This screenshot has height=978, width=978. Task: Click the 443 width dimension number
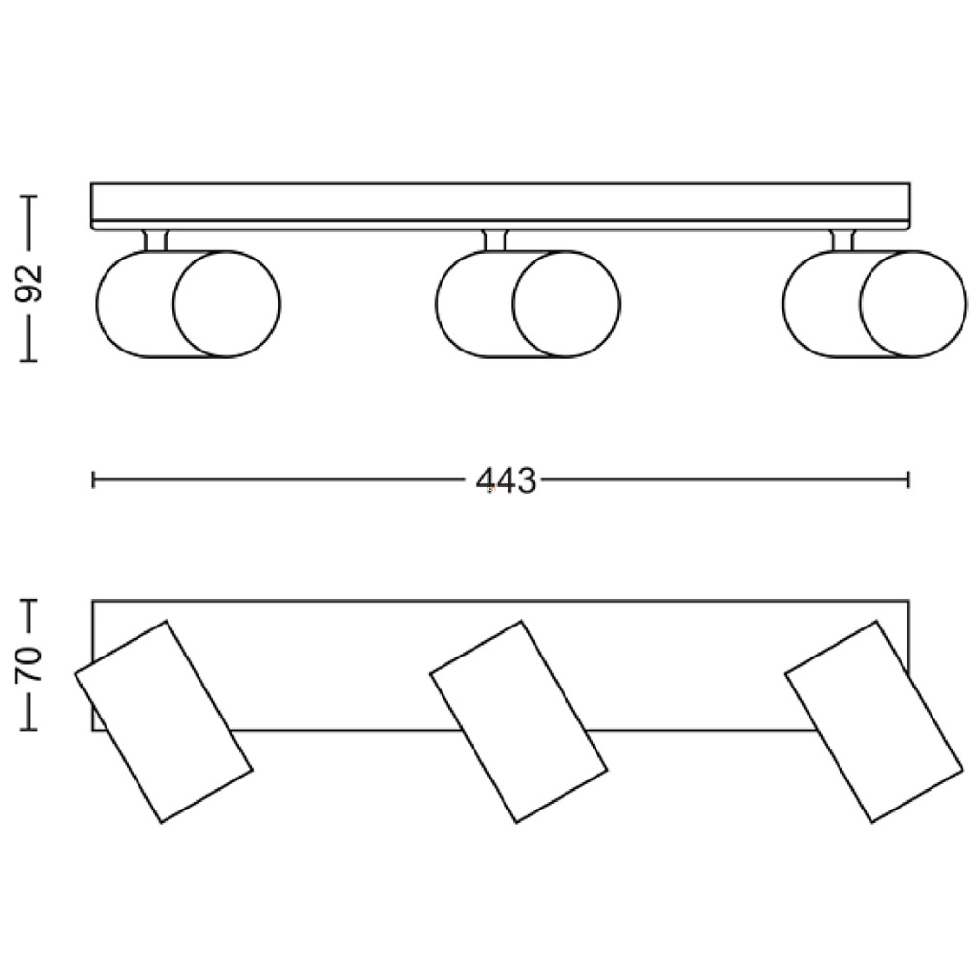click(x=505, y=481)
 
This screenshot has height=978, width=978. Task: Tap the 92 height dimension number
click(x=29, y=284)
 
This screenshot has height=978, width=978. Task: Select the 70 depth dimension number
click(x=29, y=664)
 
